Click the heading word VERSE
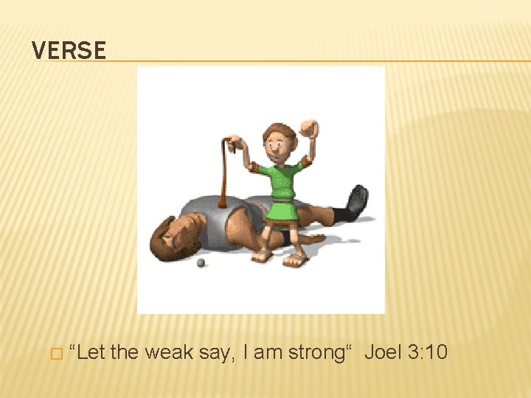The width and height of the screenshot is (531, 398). pyautogui.click(x=69, y=51)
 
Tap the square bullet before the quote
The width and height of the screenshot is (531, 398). pyautogui.click(x=53, y=354)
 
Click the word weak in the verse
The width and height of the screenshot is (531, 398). pyautogui.click(x=169, y=352)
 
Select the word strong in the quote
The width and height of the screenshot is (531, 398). pyautogui.click(x=310, y=352)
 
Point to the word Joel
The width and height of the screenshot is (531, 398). pyautogui.click(x=383, y=352)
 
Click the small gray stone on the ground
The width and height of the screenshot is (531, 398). pyautogui.click(x=201, y=262)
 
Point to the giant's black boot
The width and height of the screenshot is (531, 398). pyautogui.click(x=356, y=202)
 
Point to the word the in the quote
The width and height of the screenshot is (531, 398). pyautogui.click(x=125, y=352)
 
